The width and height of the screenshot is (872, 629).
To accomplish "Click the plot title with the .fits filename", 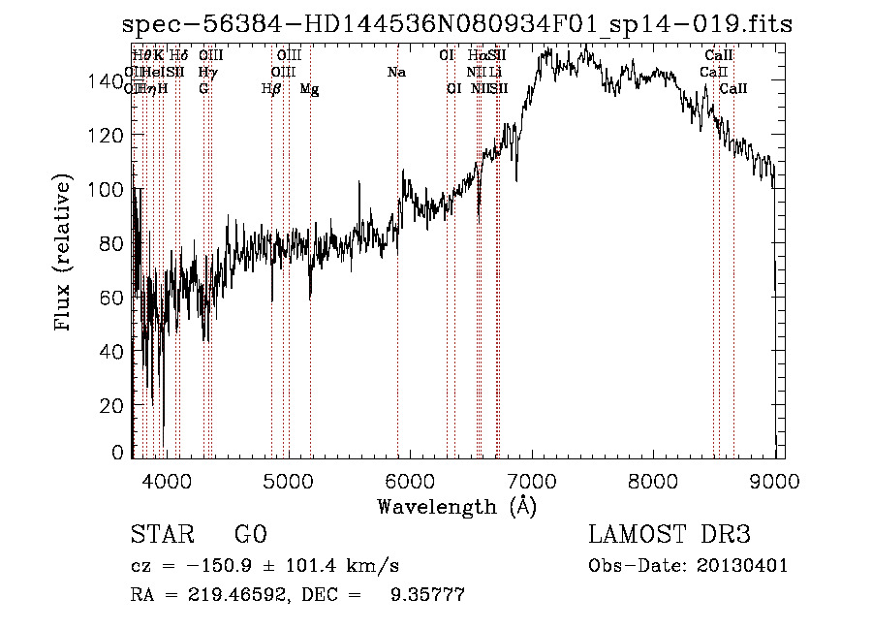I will [x=457, y=25].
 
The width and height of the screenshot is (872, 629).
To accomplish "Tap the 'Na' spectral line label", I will [x=395, y=72].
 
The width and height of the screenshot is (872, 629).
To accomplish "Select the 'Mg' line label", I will [x=309, y=89].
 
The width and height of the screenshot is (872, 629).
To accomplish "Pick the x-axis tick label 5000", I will [x=288, y=479].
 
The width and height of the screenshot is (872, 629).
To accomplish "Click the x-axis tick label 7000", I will [x=532, y=479].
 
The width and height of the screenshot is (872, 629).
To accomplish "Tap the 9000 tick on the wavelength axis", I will [x=775, y=479].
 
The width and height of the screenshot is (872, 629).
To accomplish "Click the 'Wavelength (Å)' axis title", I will [x=456, y=505].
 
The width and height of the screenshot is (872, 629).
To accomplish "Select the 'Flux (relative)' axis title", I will [x=65, y=254].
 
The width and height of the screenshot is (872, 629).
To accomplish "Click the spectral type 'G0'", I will [x=250, y=536].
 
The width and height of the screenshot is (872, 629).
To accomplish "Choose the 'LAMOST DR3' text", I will [x=670, y=536].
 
